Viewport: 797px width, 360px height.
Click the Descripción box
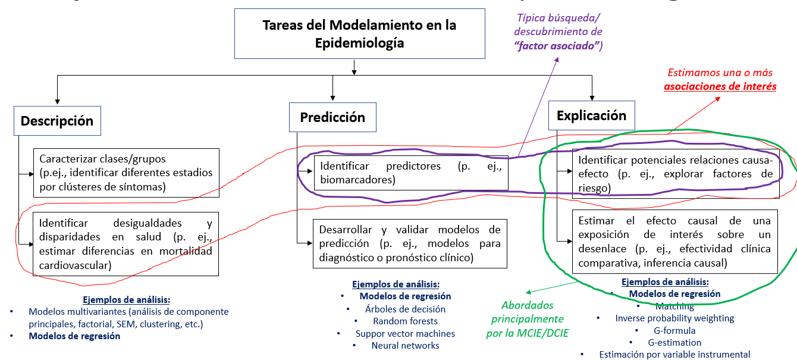pos(57,121)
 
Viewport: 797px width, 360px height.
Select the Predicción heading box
pos(332,117)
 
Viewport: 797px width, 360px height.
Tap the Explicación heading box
pos(591,115)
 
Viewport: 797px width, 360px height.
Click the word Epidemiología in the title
pos(360,43)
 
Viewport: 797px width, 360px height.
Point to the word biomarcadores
pos(357,179)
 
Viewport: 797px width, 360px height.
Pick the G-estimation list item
pos(674,342)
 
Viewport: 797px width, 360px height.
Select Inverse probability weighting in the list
pos(674,318)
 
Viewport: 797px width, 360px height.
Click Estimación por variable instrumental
pos(674,355)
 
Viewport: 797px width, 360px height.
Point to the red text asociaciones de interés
pos(720,86)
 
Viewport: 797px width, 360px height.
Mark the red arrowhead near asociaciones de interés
pos(718,96)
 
